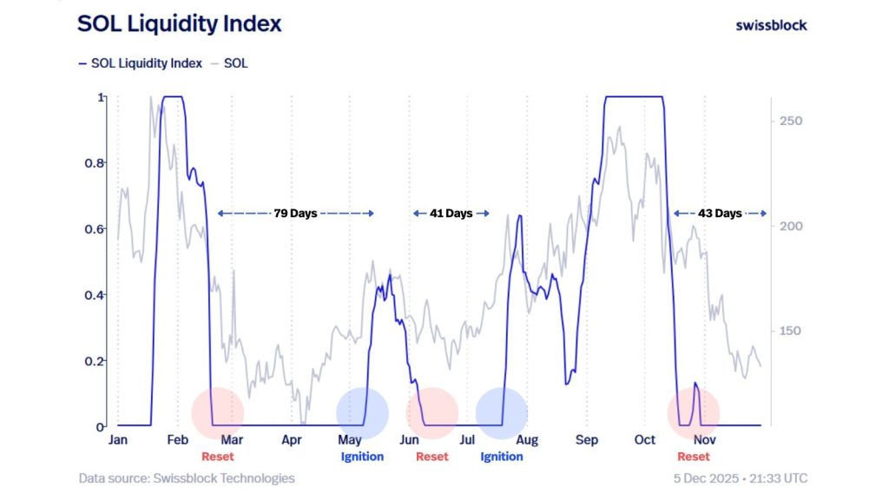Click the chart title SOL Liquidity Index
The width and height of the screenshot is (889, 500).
tap(179, 24)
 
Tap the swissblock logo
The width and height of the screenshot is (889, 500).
tap(771, 25)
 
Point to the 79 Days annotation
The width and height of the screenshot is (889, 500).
tap(295, 213)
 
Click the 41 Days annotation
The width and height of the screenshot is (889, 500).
tap(451, 213)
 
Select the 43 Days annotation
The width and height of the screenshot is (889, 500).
tap(720, 213)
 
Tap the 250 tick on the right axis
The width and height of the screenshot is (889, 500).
tap(790, 121)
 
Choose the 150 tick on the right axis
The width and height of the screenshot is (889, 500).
tap(790, 332)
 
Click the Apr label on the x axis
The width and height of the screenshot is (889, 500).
tap(292, 440)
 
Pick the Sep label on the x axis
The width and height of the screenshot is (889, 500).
tap(588, 440)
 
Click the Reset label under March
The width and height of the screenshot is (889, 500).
tap(218, 457)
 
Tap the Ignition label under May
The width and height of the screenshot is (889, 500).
tap(362, 457)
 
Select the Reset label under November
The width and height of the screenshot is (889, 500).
tap(693, 457)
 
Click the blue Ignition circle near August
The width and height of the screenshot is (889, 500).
tap(502, 413)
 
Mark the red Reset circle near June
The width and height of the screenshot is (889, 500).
tap(431, 413)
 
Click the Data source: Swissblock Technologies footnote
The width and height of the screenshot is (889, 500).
tap(187, 478)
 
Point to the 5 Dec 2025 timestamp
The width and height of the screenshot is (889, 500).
tap(740, 478)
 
